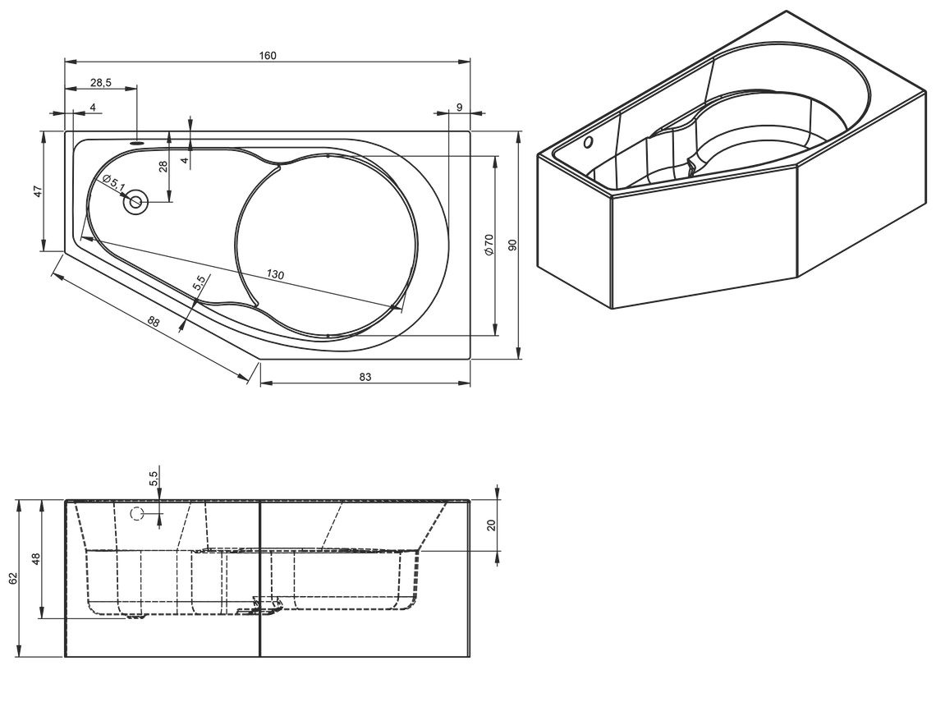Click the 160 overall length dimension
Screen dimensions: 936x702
click(x=268, y=56)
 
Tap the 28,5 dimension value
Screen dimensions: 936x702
click(x=101, y=83)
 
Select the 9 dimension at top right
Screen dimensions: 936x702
click(x=459, y=107)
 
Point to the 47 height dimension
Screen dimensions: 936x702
click(x=37, y=191)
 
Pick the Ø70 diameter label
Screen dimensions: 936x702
click(x=489, y=245)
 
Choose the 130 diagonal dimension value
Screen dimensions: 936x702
click(x=275, y=274)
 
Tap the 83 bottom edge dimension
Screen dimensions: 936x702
click(x=365, y=377)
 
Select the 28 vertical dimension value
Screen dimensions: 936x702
click(x=163, y=167)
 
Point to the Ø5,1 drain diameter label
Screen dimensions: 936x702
click(x=113, y=183)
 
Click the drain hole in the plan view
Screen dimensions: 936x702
click(x=136, y=202)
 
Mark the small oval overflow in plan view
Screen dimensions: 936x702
click(x=138, y=143)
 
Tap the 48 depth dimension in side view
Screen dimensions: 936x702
click(x=36, y=559)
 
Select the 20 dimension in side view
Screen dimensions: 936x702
click(x=491, y=525)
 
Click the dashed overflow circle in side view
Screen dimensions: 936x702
click(x=137, y=513)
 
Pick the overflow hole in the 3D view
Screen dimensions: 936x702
click(x=589, y=143)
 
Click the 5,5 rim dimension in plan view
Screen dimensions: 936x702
click(x=200, y=282)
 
